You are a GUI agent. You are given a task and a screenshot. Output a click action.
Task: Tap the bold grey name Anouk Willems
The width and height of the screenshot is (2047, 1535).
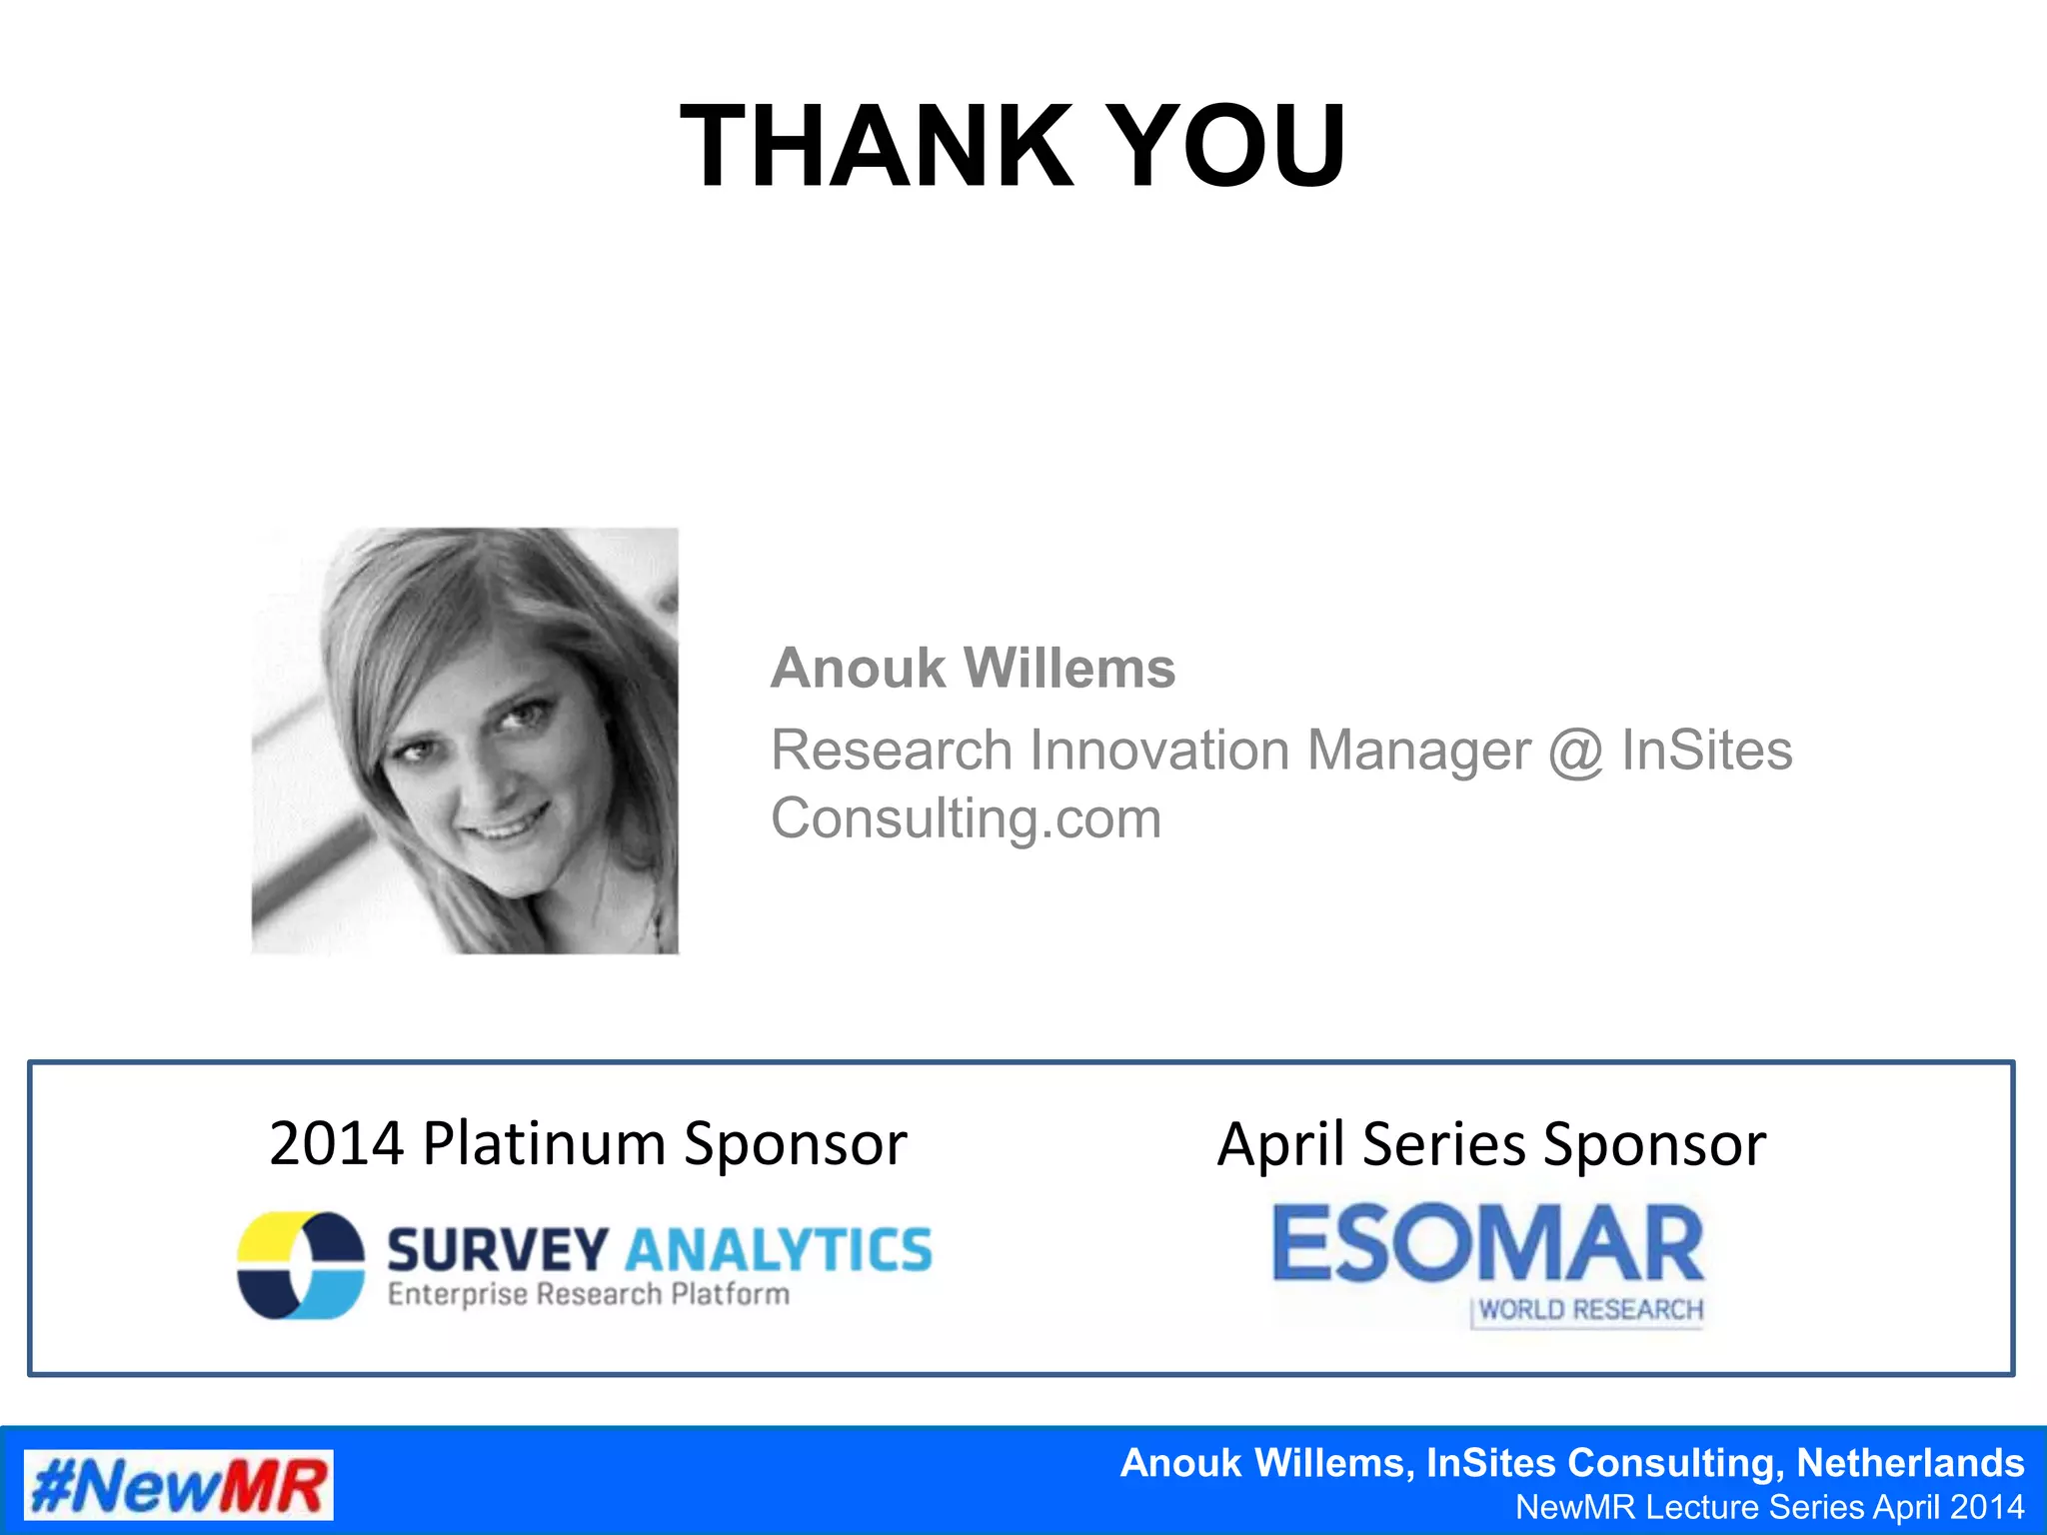(973, 668)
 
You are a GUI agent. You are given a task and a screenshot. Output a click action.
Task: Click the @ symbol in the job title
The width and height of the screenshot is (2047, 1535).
(1575, 752)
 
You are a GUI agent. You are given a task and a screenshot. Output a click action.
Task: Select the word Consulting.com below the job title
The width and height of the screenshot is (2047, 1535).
(966, 819)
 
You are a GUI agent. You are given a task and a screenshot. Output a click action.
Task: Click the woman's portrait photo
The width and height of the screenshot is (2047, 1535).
(465, 741)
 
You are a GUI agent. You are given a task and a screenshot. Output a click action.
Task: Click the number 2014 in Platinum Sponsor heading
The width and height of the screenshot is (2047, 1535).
(336, 1143)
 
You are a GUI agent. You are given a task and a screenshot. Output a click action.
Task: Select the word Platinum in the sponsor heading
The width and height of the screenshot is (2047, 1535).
(544, 1143)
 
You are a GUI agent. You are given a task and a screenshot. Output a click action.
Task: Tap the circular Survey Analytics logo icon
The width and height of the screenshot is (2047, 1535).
(300, 1266)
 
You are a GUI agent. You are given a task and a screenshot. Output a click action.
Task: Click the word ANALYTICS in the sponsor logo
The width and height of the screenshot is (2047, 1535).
(779, 1250)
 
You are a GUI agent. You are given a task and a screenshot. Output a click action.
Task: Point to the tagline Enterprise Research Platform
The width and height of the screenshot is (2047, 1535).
(589, 1295)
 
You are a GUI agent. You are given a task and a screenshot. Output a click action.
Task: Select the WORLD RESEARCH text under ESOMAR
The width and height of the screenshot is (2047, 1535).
(1590, 1310)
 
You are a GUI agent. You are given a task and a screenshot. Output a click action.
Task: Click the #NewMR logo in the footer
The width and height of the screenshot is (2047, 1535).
(179, 1485)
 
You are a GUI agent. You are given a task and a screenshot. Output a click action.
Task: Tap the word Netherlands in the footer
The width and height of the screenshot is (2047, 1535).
(1910, 1463)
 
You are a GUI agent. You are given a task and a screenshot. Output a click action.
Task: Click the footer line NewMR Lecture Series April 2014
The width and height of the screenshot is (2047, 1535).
(1769, 1507)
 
